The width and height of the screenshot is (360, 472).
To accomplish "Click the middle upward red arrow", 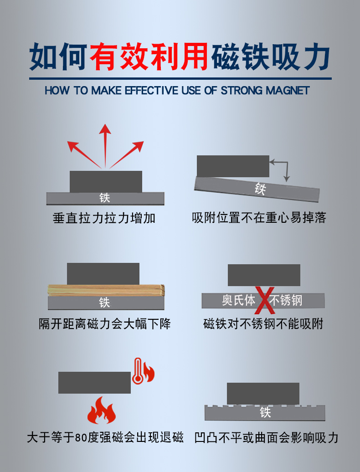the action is click(x=105, y=146).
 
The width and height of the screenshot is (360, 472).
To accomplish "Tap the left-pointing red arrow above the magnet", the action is click(x=84, y=154).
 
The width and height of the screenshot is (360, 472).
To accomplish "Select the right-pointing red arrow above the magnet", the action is click(x=126, y=154).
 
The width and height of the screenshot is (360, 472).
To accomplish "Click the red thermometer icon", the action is click(x=138, y=371).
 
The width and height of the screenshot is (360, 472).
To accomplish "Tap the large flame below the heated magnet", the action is click(x=102, y=410).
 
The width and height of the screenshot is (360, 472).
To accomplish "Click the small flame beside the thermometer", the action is click(x=149, y=372).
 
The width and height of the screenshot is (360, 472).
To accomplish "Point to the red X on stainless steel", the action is click(x=265, y=300).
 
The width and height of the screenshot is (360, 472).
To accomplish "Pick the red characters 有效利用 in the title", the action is click(x=149, y=56).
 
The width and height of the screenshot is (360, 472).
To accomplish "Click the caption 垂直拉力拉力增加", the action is click(x=104, y=218).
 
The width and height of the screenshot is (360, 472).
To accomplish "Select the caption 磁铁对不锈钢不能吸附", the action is click(x=263, y=324).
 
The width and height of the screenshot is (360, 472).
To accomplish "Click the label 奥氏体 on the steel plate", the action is click(x=238, y=300).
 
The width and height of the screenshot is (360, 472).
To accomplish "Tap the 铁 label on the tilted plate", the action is click(x=260, y=189).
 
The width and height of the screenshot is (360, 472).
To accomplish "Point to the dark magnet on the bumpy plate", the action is click(x=263, y=394).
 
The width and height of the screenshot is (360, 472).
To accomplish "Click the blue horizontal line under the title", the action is click(x=180, y=78).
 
